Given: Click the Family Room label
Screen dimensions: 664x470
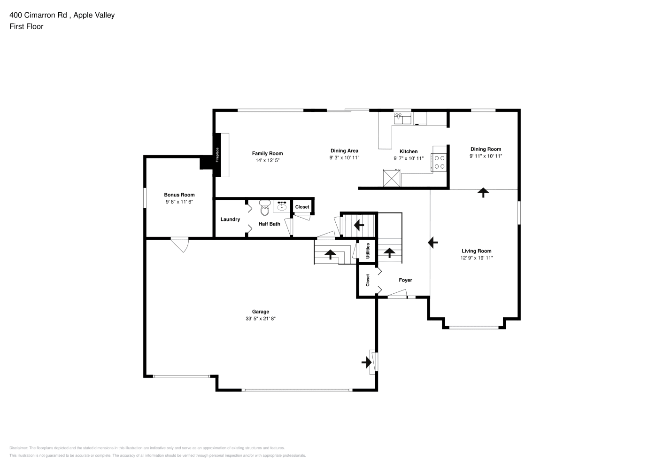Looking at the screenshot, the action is pos(267,153).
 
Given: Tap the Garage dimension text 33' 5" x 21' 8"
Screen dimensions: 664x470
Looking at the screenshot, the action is pos(261,319).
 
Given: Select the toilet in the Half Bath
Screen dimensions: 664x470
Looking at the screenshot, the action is pos(264,207).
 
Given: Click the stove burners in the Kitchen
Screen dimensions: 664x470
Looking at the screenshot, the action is pos(440,162).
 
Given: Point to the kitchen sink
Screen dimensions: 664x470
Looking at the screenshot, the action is pos(402,118).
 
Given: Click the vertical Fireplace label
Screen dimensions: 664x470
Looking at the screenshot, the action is pos(217,155).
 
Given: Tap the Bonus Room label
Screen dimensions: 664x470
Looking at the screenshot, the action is pos(179,195).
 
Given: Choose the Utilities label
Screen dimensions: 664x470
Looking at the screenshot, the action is pos(368,251).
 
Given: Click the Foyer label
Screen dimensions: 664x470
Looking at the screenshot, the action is pos(405,280).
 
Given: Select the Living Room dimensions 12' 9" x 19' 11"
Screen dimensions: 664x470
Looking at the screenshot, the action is pos(476,258).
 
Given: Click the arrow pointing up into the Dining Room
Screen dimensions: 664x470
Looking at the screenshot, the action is pos(483,193).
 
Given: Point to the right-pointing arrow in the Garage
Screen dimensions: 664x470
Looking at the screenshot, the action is pos(367,362).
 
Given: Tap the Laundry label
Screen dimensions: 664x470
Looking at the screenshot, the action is pos(230,219).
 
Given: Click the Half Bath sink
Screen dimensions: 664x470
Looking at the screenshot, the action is pos(282,206).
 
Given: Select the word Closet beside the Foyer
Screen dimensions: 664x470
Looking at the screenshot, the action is pos(368,280).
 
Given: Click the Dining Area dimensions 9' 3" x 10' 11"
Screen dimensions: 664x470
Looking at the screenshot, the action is pos(344,158).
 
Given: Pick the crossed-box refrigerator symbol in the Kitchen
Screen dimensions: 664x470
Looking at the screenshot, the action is pos(392,178).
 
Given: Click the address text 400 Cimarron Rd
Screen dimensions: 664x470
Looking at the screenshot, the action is pos(38,15).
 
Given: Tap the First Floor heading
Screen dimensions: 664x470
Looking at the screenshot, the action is pos(26,26).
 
